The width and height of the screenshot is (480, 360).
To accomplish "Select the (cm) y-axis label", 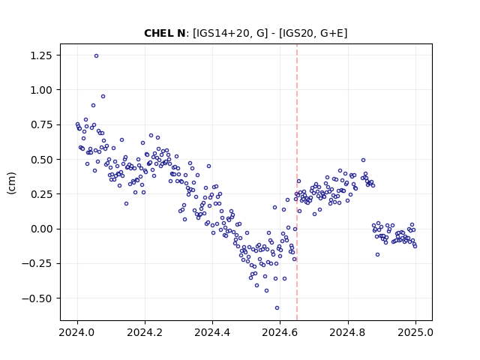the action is pyautogui.click(x=12, y=183).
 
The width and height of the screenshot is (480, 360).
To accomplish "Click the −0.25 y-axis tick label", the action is pyautogui.click(x=38, y=263).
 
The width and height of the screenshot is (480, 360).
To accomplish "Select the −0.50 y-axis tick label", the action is pyautogui.click(x=38, y=298).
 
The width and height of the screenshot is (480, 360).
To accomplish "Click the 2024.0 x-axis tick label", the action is pyautogui.click(x=77, y=332).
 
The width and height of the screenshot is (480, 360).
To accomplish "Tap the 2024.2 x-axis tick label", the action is pyautogui.click(x=145, y=332).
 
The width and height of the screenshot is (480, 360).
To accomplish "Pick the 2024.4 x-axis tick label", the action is pyautogui.click(x=212, y=332).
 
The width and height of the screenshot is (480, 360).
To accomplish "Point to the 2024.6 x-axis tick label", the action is pyautogui.click(x=280, y=332).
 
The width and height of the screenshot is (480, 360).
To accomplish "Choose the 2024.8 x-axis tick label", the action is pyautogui.click(x=348, y=332).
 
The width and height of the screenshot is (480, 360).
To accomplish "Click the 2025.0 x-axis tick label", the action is pyautogui.click(x=415, y=332).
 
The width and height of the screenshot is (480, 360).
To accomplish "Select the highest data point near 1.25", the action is pyautogui.click(x=96, y=56).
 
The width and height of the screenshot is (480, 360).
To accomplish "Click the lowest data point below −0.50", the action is pyautogui.click(x=277, y=308).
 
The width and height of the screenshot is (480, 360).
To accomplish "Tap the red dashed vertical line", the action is pyautogui.click(x=297, y=182).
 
